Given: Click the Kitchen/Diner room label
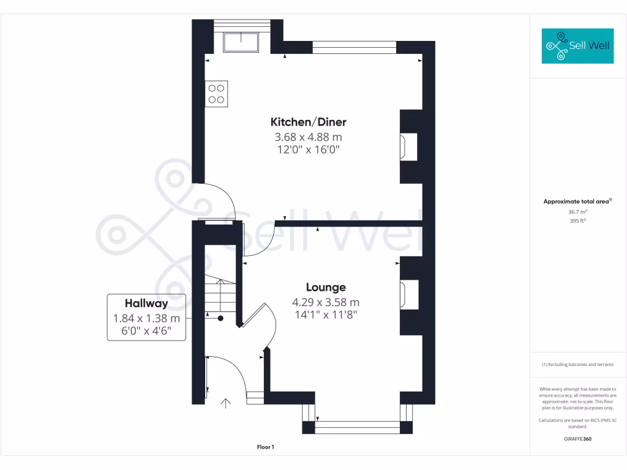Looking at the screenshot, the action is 309,122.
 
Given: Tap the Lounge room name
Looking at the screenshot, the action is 326,288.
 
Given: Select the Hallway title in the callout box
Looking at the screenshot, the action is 146,304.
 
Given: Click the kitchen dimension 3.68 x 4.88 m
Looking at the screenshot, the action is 309,137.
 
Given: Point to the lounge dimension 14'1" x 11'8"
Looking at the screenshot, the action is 326,315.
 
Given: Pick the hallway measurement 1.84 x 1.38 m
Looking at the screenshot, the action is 146,318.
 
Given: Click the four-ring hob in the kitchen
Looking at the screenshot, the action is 216,94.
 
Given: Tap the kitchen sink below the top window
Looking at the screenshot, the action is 241,42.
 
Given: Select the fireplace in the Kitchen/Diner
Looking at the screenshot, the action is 408,147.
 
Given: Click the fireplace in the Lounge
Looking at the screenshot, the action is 409,294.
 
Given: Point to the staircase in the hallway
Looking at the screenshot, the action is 220,294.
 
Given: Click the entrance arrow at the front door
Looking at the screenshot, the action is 225,403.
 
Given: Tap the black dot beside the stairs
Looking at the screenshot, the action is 220,318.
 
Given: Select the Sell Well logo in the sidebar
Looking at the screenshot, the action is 577,46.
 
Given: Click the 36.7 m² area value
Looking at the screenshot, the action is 577,212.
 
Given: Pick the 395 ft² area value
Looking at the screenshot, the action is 577,220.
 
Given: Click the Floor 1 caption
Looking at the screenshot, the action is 266,447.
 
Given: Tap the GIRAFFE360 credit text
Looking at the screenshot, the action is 577,439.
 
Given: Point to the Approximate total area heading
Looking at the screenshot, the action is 577,201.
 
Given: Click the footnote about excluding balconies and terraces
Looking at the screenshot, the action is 577,365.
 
